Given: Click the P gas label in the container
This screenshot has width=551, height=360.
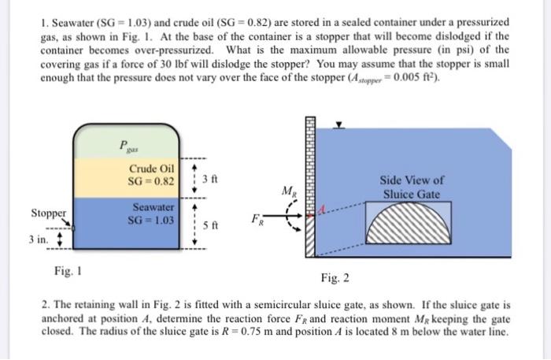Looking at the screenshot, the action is pos(126,146).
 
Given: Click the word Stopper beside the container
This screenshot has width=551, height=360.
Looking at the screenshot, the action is pos(48,213).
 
